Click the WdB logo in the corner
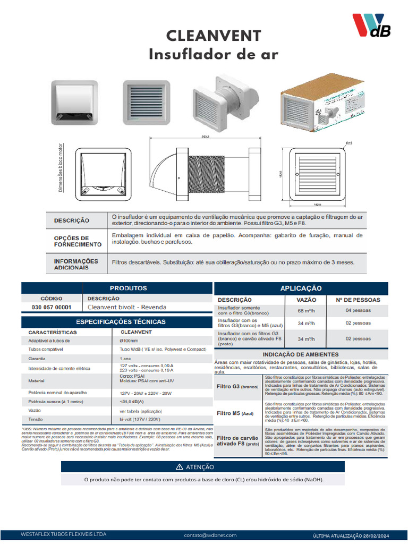click(371, 26)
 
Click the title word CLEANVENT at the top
click(214, 36)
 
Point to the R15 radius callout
click(349, 143)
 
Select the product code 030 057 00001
click(51, 307)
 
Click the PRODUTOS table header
click(128, 288)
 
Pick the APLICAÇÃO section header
click(301, 288)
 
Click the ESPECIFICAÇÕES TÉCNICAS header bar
click(121, 321)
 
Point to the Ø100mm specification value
click(129, 341)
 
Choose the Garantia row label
click(37, 359)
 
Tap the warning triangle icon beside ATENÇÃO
click(179, 467)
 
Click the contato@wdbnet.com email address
click(210, 535)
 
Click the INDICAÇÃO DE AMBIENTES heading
click(301, 354)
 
